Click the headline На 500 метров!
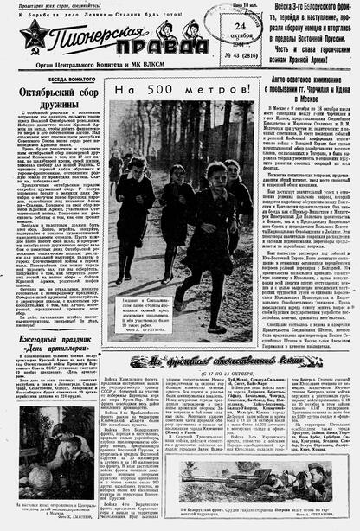click(162, 90)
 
